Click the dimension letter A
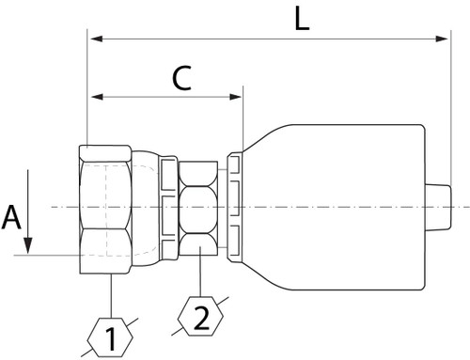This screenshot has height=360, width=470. point(11,218)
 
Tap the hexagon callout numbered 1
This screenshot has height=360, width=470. point(111,337)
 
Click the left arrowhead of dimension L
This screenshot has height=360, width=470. point(93,39)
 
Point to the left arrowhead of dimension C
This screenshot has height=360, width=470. point(93,95)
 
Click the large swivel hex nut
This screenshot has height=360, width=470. point(105,207)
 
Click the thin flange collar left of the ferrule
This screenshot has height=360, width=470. point(234,207)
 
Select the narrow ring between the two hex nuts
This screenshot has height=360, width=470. point(168,207)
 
